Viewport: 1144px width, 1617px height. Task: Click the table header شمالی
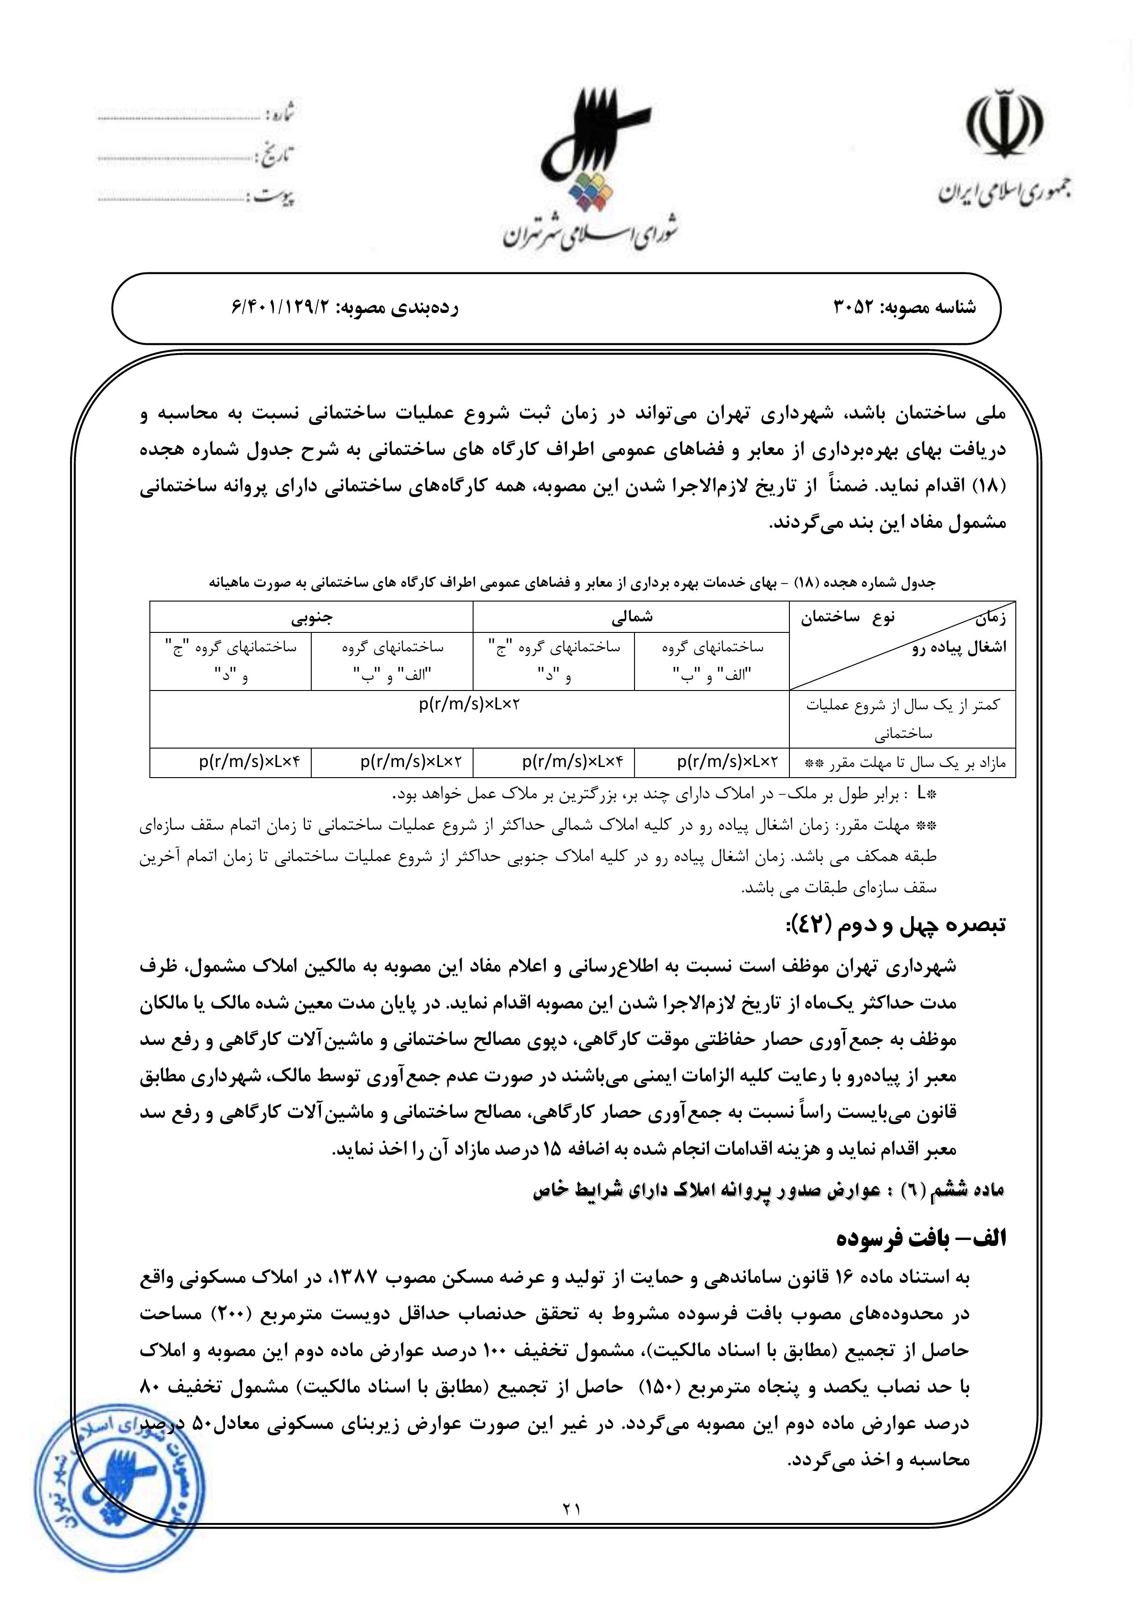pos(631,617)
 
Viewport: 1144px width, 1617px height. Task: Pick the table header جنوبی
pos(311,617)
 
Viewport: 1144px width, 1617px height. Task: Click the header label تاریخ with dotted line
pos(278,156)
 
